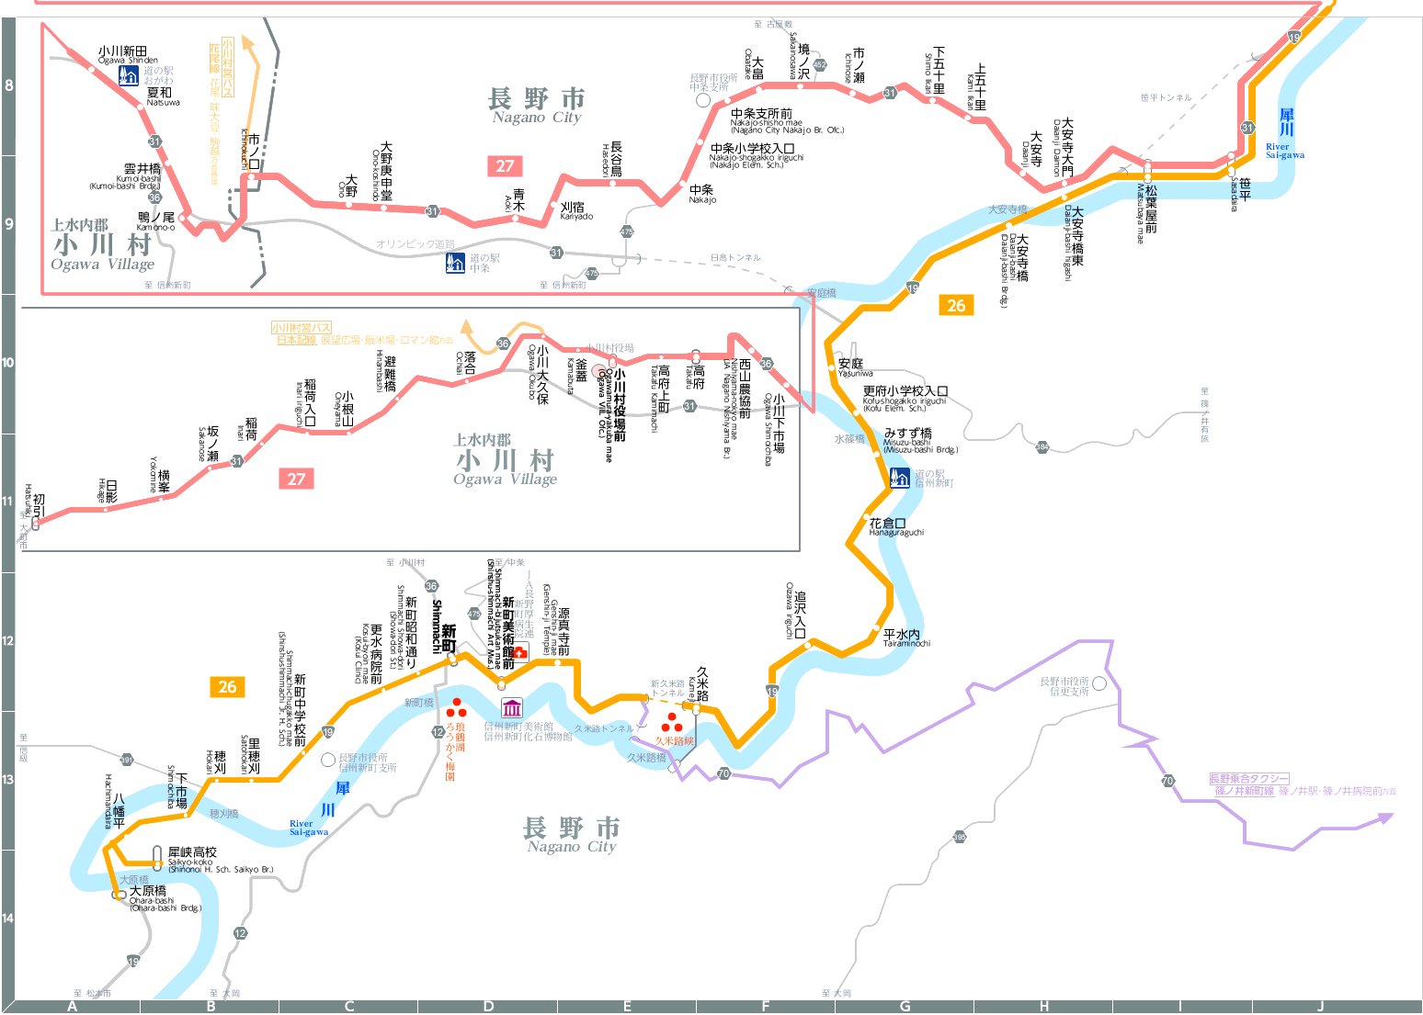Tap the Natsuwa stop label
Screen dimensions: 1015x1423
click(x=160, y=96)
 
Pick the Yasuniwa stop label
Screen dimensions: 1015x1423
click(x=852, y=367)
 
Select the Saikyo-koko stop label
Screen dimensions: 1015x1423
click(x=192, y=856)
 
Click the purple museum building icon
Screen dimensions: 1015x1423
click(x=512, y=707)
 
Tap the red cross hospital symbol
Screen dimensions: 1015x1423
click(x=520, y=652)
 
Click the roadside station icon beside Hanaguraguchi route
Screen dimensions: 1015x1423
click(x=900, y=478)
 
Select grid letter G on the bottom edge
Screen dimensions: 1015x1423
click(x=905, y=1007)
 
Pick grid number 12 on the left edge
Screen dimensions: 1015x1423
click(x=7, y=640)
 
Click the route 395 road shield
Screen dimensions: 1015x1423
click(x=960, y=837)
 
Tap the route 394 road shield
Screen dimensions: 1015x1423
click(x=1042, y=446)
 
